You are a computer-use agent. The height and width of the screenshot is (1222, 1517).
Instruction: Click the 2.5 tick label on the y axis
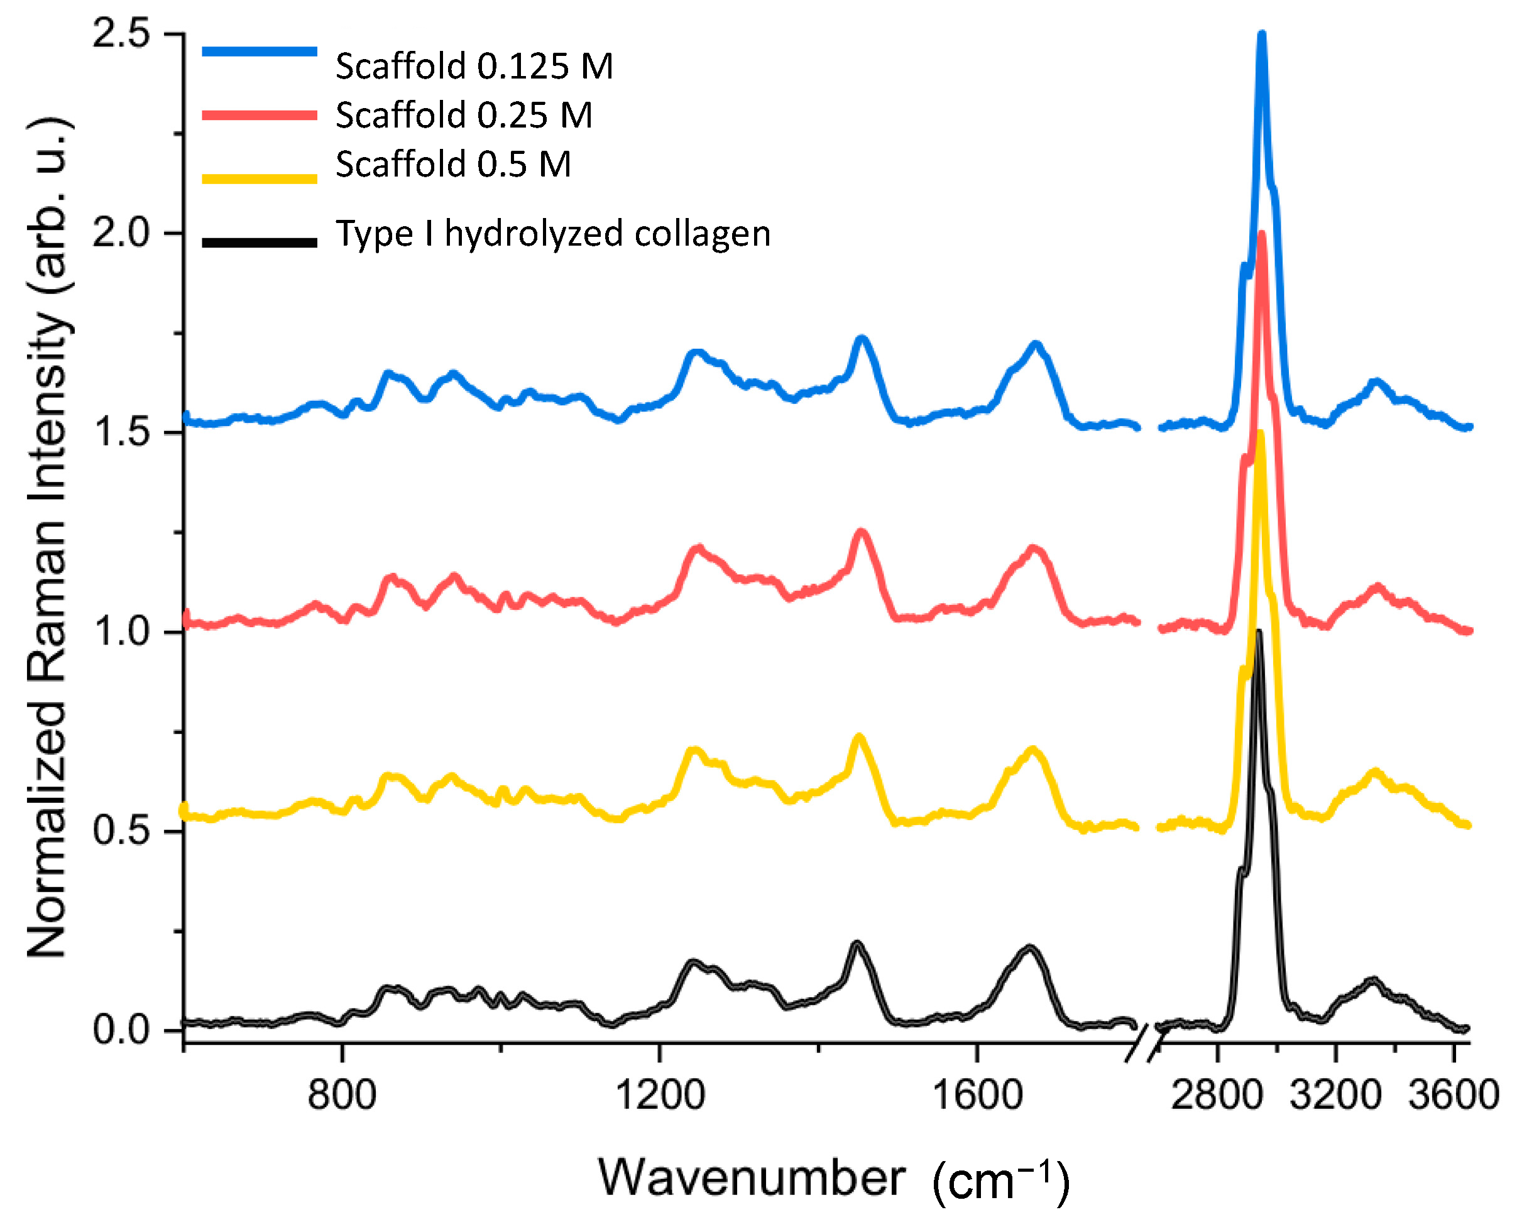point(121,34)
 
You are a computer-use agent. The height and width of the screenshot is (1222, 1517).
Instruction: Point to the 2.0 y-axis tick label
point(121,233)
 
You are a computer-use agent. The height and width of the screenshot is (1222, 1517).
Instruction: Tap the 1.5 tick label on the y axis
point(121,432)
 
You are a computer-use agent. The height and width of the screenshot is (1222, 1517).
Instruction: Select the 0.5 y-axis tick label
point(121,831)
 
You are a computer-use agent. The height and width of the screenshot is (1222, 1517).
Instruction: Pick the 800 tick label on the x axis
point(341,1095)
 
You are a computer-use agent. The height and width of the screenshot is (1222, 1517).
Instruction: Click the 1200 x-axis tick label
point(660,1095)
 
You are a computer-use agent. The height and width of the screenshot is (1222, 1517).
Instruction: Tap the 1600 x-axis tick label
point(977,1095)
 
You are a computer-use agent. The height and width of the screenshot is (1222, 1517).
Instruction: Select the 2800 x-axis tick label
point(1217,1095)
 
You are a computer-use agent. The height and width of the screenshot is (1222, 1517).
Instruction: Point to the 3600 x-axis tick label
point(1453,1095)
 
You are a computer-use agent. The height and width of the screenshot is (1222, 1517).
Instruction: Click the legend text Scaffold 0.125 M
point(474,66)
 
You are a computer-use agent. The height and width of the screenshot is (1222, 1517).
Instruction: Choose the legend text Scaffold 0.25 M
point(463,115)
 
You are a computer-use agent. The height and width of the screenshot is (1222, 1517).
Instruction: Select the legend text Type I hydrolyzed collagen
point(552,234)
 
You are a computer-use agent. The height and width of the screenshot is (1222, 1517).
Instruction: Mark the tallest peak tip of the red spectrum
point(1261,234)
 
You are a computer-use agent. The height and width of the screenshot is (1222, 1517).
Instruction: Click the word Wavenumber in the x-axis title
point(751,1177)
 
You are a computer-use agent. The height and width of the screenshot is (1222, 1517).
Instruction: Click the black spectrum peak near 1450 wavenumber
point(856,944)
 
